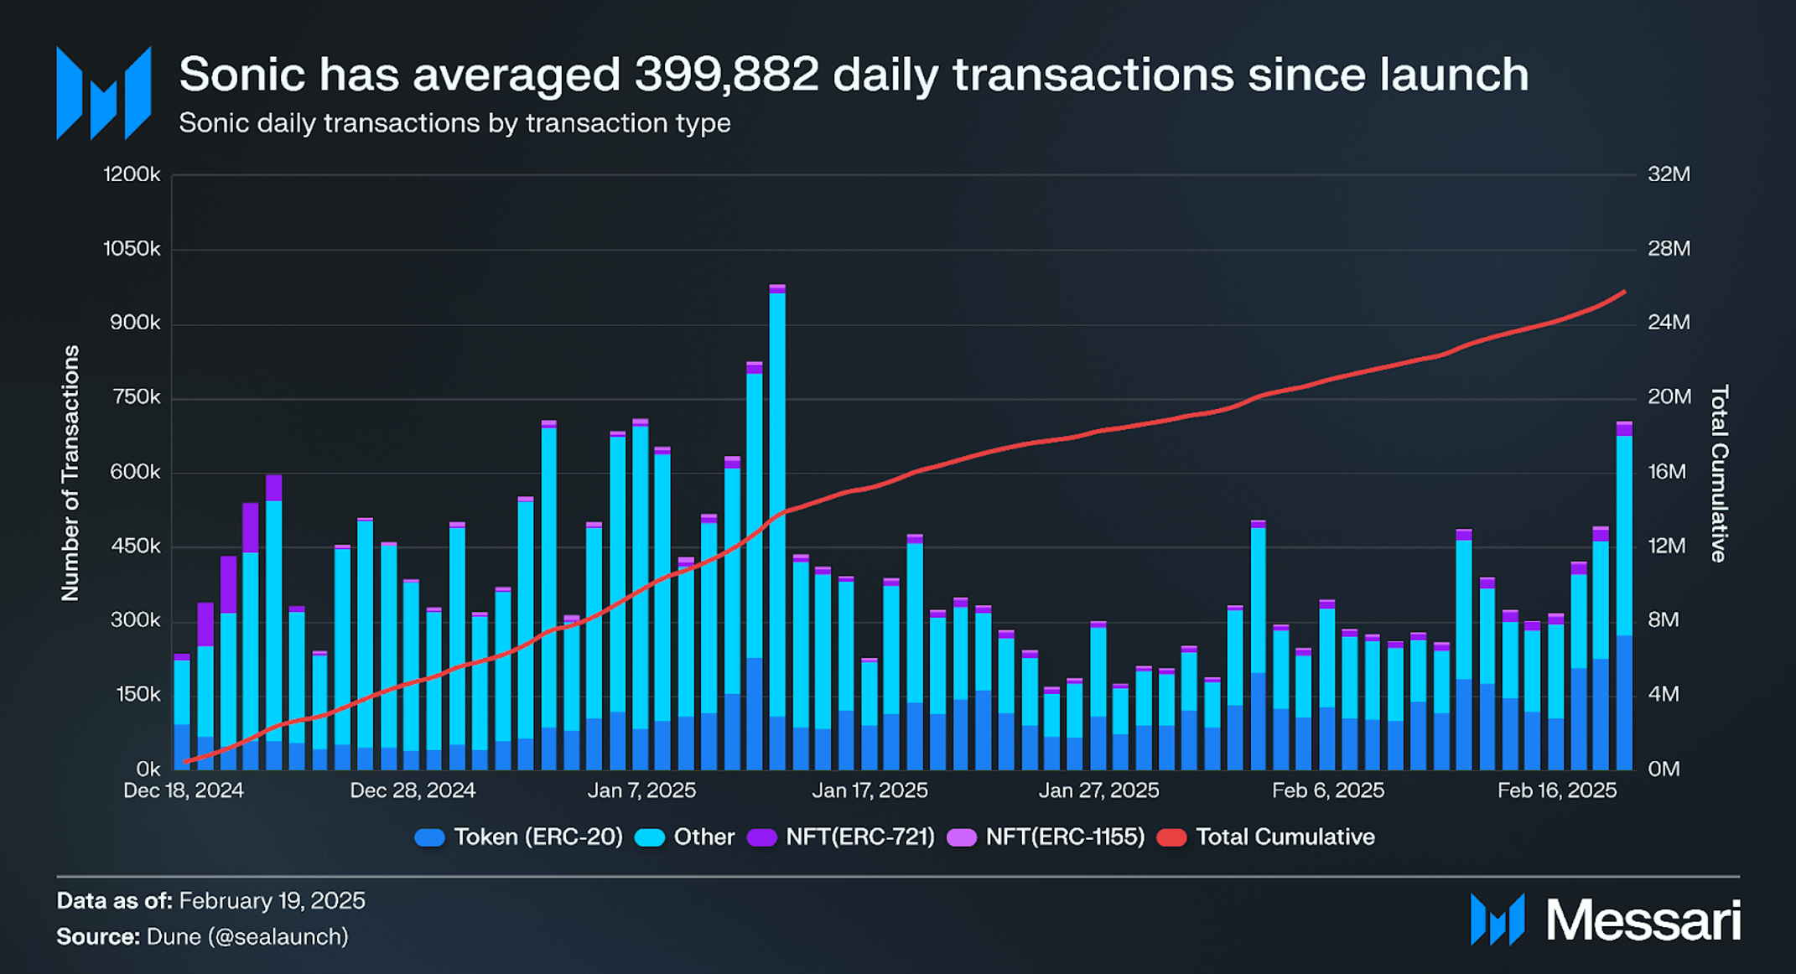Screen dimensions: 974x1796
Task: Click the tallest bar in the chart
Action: pos(777,528)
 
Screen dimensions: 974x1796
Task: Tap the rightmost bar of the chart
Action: pos(1624,595)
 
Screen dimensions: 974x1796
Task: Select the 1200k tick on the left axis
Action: pos(132,174)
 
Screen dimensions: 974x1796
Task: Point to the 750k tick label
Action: pos(135,397)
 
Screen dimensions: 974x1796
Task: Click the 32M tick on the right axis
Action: pos(1669,174)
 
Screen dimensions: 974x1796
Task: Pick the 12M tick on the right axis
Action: pos(1667,546)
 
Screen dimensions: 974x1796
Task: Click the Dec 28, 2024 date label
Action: pos(413,790)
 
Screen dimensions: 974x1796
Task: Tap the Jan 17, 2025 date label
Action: pos(869,790)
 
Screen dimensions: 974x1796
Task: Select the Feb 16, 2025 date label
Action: pos(1557,790)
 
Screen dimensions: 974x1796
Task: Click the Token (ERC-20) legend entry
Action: pos(520,837)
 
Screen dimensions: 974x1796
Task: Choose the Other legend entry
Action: pos(686,837)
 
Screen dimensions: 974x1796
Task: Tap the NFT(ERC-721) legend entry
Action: pos(841,837)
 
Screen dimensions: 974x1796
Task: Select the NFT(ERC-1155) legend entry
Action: pos(1046,837)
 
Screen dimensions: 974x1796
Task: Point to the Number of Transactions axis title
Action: pos(70,473)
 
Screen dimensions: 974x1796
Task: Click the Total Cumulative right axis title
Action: pos(1719,473)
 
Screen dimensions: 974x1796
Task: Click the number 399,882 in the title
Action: pos(726,75)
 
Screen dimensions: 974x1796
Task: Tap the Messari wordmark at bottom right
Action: pos(1643,920)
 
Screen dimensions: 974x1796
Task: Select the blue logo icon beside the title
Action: pos(103,93)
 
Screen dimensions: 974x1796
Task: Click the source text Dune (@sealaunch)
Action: pos(247,936)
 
